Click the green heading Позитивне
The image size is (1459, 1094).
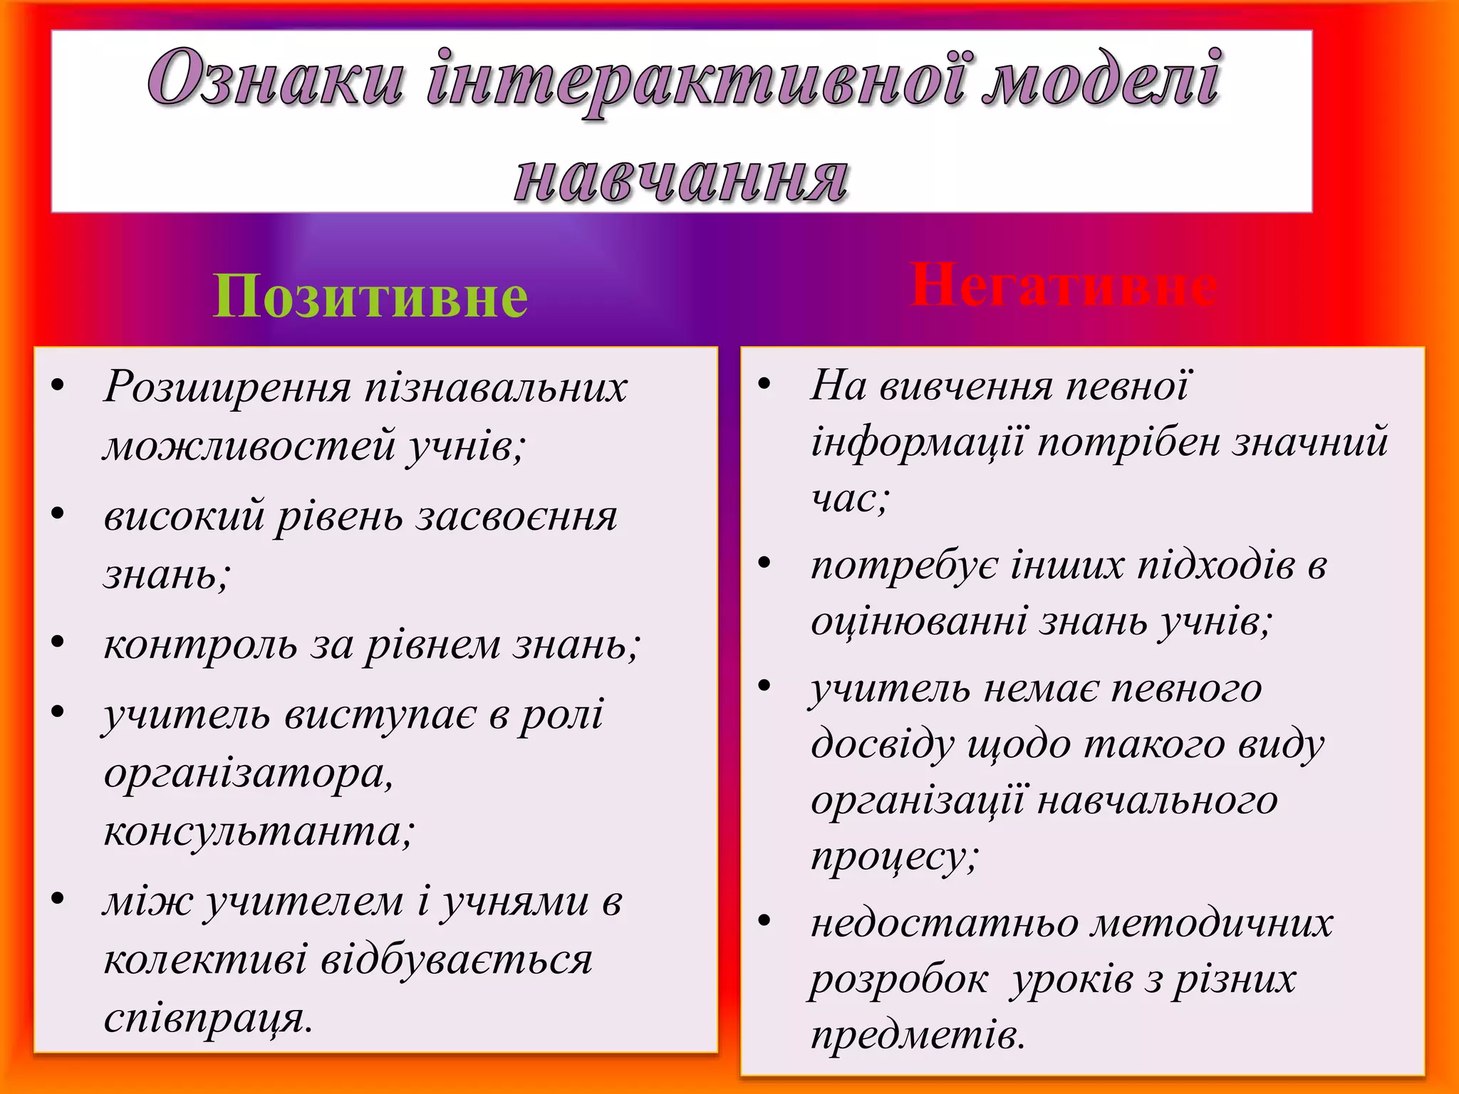(x=370, y=296)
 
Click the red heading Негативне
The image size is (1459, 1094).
(x=1063, y=286)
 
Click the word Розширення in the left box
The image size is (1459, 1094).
(x=228, y=388)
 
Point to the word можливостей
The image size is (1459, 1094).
(x=249, y=445)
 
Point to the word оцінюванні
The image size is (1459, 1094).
(x=919, y=622)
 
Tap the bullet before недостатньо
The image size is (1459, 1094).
(x=764, y=921)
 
